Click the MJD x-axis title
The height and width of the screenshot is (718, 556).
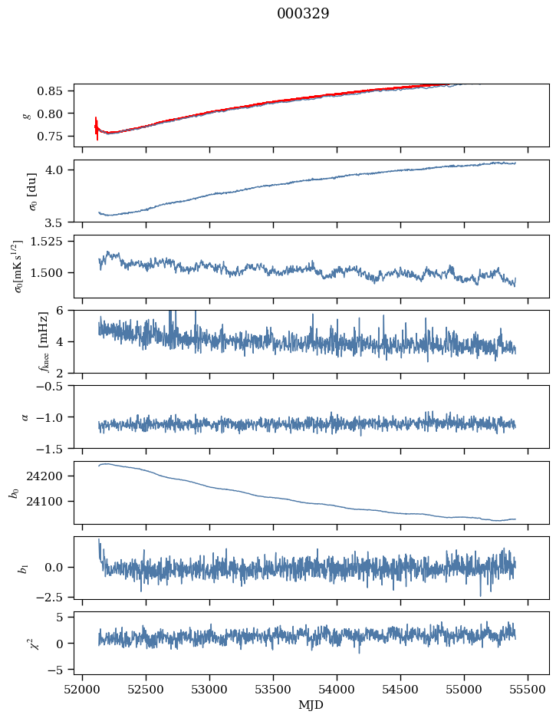click(311, 705)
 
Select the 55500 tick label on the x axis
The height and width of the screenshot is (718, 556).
click(528, 689)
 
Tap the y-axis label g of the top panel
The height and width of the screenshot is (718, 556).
click(27, 115)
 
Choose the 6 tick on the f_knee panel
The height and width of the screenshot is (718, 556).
click(64, 311)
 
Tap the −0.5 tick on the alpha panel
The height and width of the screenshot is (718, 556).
click(54, 386)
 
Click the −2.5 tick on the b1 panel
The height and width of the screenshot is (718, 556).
click(54, 596)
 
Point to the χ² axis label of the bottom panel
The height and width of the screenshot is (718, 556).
click(24, 643)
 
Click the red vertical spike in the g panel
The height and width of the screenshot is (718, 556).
click(97, 127)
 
